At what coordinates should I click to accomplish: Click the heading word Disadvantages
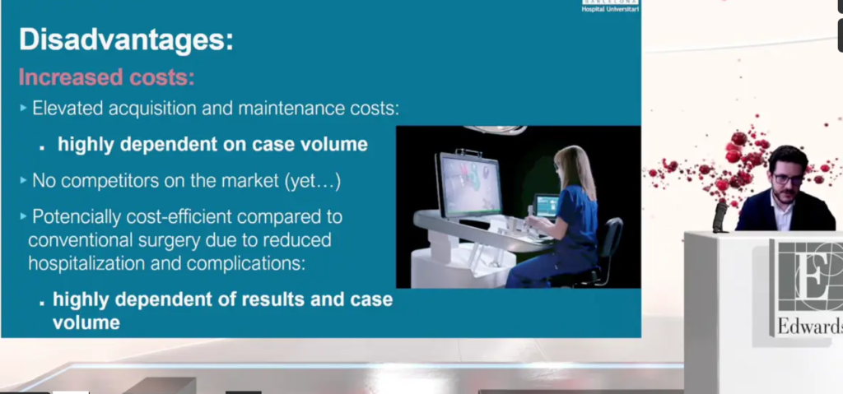126,40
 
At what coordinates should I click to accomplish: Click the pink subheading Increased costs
106,76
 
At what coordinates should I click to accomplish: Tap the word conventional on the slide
79,240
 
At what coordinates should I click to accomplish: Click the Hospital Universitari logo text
610,8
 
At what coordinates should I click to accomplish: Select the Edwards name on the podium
809,326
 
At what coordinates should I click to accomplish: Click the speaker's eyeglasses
788,179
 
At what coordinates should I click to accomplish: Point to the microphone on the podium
720,217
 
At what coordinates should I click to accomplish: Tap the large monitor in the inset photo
468,184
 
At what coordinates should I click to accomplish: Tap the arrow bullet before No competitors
23,181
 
